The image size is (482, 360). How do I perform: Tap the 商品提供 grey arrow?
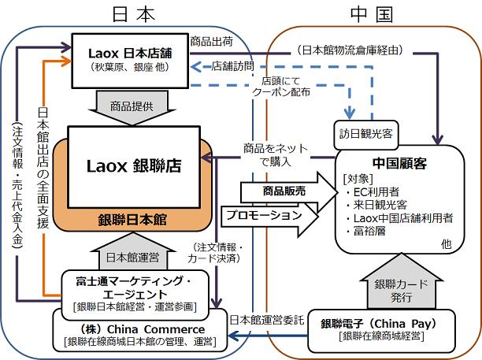point(130,105)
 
